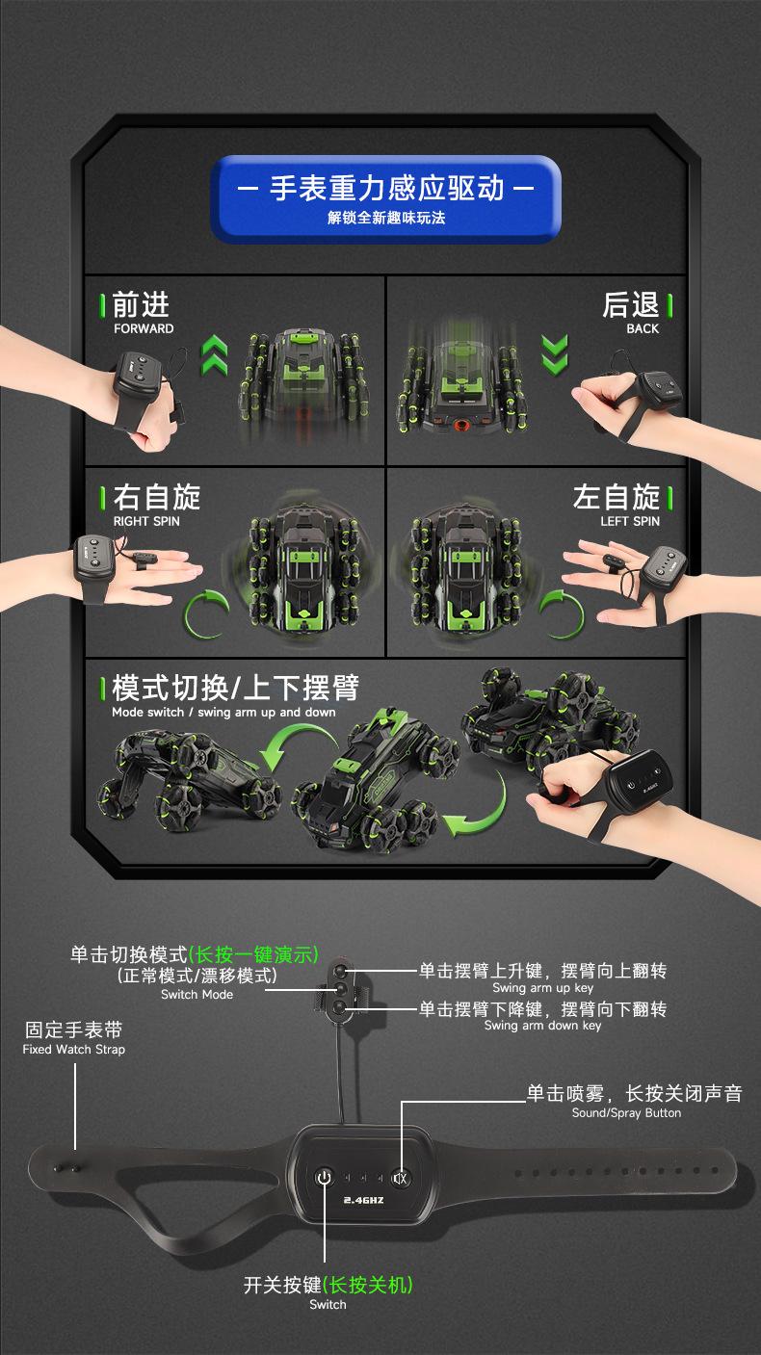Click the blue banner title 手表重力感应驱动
coord(386,188)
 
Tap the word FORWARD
coord(144,328)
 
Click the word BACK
coord(643,328)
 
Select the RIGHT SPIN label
coord(146,521)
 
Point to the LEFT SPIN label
coord(630,521)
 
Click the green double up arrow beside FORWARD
coord(215,355)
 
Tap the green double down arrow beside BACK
coord(555,354)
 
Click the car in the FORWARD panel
coord(304,381)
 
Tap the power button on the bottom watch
coord(325,1177)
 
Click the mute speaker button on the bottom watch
coord(400,1178)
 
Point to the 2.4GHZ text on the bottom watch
coord(363,1200)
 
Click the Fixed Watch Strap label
coord(74,1050)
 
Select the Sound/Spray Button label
coord(627,1112)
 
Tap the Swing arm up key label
coord(542,988)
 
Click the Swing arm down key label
coord(542,1026)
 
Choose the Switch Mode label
coord(197,994)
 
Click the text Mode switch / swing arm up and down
coord(223,712)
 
